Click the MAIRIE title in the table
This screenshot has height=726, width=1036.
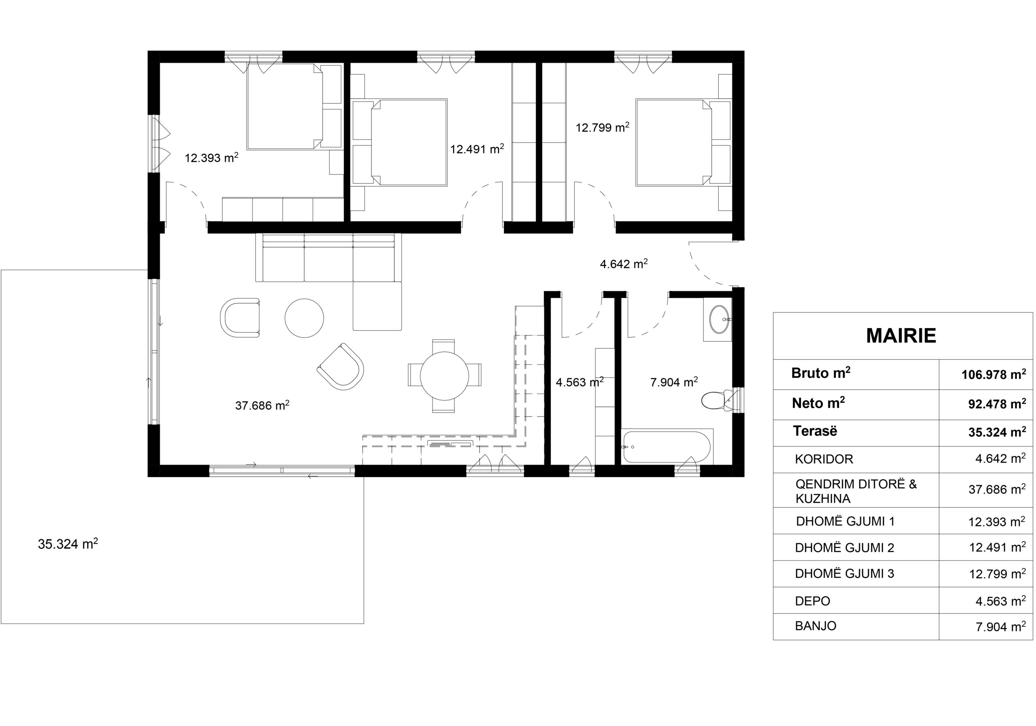(901, 336)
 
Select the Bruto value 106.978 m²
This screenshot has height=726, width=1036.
(994, 374)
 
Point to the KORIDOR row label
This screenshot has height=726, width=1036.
(824, 459)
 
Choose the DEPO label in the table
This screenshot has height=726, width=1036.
(813, 601)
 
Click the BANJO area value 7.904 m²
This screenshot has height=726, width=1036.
(1001, 626)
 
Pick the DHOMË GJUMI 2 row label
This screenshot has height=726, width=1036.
(845, 548)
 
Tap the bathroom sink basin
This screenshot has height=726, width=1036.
(719, 319)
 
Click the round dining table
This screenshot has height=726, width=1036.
(444, 376)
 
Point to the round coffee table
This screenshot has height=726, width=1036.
(304, 318)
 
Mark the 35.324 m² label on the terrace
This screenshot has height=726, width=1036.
(68, 544)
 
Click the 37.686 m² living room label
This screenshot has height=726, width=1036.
(262, 405)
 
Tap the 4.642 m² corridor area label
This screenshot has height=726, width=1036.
(624, 263)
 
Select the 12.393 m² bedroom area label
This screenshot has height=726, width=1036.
(212, 157)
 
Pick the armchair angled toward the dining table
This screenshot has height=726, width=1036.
(341, 366)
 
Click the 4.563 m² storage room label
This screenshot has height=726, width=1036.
(580, 382)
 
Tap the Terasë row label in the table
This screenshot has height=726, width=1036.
(815, 431)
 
